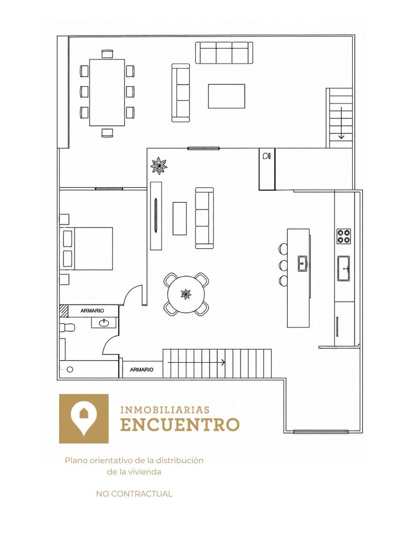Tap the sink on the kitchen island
(302, 263)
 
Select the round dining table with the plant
(186, 294)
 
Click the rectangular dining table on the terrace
(107, 92)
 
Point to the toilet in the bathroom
(67, 328)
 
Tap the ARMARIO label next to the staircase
(141, 370)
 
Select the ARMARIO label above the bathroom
(92, 311)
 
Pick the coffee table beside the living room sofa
(180, 218)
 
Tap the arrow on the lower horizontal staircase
(196, 362)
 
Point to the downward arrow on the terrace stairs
(341, 123)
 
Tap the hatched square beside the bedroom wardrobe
(64, 311)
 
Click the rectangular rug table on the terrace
(226, 96)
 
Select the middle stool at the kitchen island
(283, 265)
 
